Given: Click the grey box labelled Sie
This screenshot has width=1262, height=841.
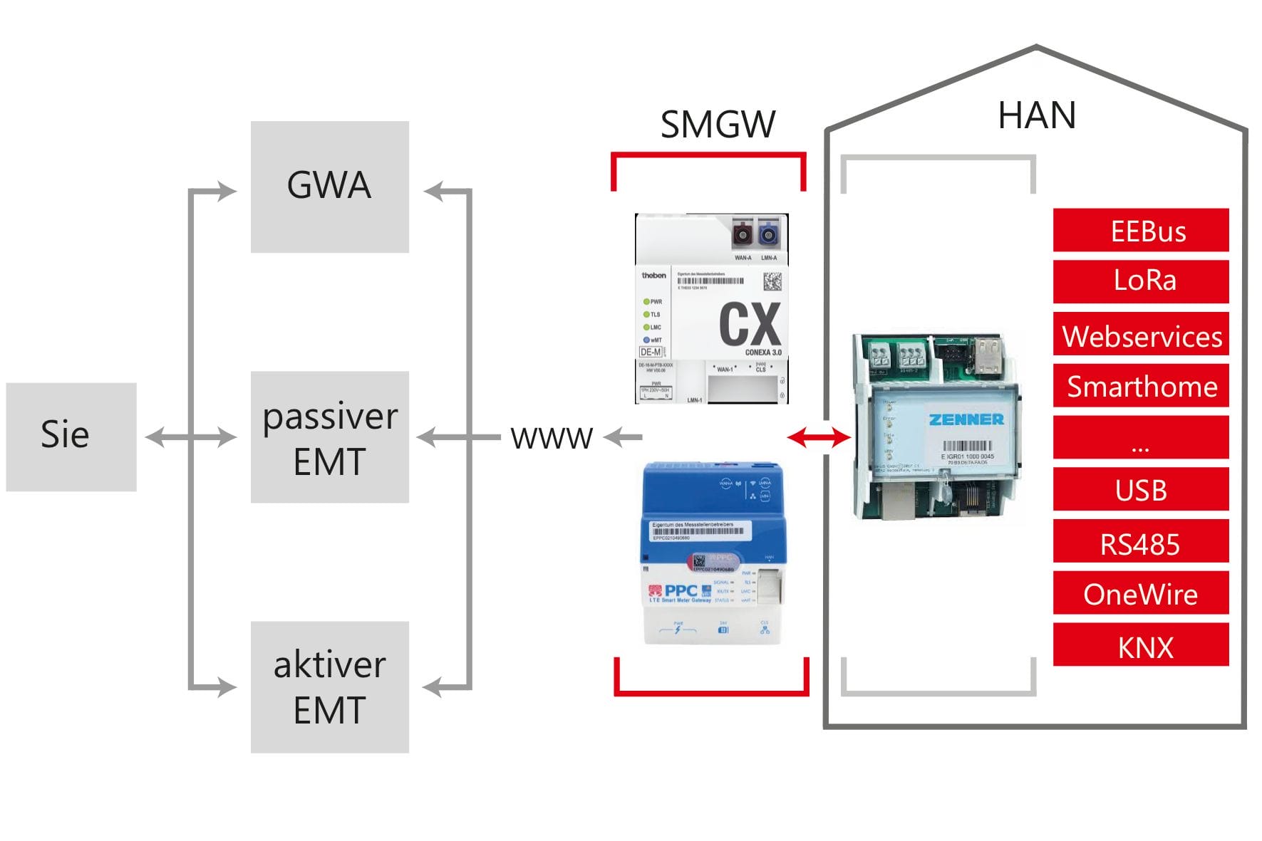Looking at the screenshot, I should pyautogui.click(x=71, y=437).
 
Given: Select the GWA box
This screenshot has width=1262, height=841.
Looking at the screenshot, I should pyautogui.click(x=329, y=187).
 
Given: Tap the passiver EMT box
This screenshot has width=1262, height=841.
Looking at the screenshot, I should pyautogui.click(x=329, y=437).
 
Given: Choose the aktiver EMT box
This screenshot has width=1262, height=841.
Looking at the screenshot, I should pyautogui.click(x=329, y=686).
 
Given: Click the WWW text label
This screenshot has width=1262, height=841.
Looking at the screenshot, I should pyautogui.click(x=552, y=438).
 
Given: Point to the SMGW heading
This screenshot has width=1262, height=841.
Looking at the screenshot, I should pyautogui.click(x=717, y=125).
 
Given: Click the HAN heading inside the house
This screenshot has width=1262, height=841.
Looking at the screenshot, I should pyautogui.click(x=1036, y=115).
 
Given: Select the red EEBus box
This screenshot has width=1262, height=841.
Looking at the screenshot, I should pyautogui.click(x=1140, y=230).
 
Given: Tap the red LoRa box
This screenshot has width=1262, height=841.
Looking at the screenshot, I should pyautogui.click(x=1140, y=281).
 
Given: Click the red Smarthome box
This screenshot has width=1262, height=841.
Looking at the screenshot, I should pyautogui.click(x=1140, y=386).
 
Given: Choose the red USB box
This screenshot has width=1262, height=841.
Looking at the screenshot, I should pyautogui.click(x=1140, y=489).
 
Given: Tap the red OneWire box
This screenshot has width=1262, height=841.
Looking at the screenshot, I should pyautogui.click(x=1140, y=592).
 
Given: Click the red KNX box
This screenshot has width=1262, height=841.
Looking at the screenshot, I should pyautogui.click(x=1140, y=645).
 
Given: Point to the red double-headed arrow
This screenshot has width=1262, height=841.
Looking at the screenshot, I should pyautogui.click(x=819, y=437).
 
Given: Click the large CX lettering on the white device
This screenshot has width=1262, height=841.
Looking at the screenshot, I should pyautogui.click(x=750, y=324).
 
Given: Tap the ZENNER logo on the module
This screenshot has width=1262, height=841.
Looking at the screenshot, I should pyautogui.click(x=966, y=419).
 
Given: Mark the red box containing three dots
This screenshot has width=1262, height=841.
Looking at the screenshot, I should pyautogui.click(x=1140, y=438).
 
